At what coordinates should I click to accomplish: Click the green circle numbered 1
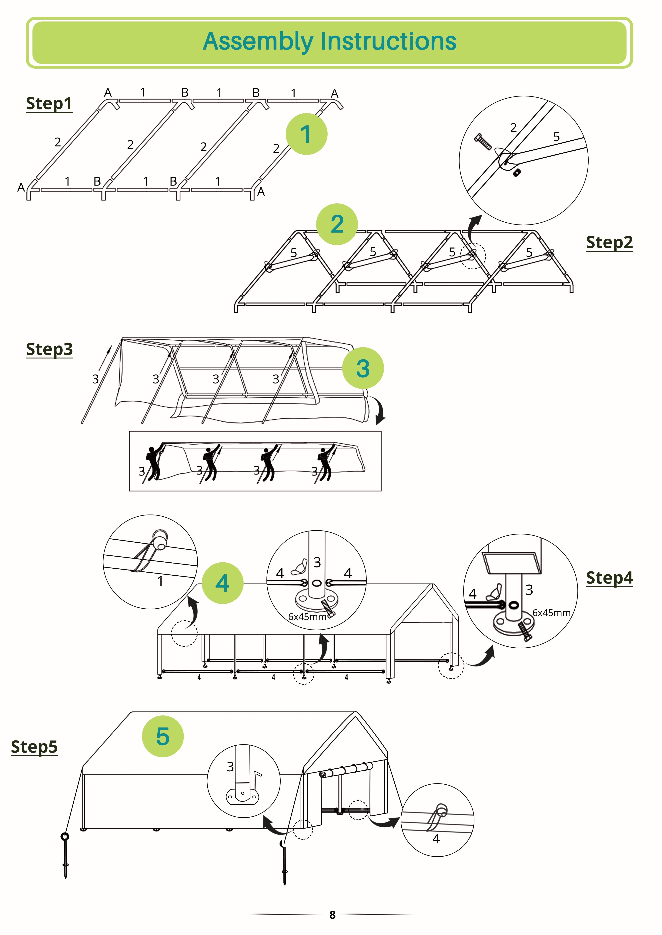(x=306, y=134)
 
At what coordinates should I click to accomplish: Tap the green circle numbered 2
(x=337, y=224)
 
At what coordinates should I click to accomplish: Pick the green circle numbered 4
(x=222, y=583)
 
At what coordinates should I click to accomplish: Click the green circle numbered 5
(x=163, y=736)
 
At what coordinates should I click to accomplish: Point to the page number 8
(x=332, y=915)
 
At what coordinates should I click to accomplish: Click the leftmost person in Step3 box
(x=153, y=464)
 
